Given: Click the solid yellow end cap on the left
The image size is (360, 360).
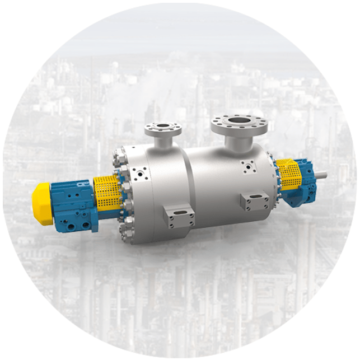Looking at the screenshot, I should coord(43,204).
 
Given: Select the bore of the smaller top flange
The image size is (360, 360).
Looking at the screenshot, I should coord(163,127).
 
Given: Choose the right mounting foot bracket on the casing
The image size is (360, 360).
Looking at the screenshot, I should coord(255,201).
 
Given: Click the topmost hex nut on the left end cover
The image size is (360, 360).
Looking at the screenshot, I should coord(119,151).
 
